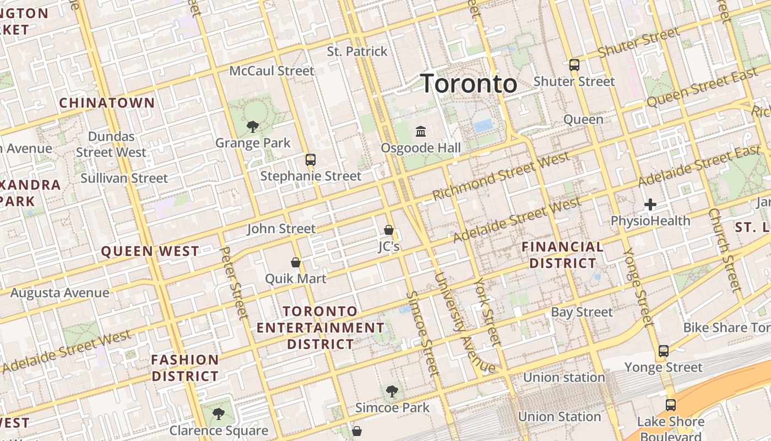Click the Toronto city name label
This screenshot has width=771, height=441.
point(469,84)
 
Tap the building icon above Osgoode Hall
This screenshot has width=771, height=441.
point(421,131)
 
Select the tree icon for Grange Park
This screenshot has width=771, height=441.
point(253,127)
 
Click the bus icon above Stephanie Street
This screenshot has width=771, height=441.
point(311,160)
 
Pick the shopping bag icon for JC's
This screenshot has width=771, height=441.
point(389,230)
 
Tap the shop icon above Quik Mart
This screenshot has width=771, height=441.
point(296,262)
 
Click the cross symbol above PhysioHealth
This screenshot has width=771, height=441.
point(650,205)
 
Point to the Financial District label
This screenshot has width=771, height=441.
point(562,255)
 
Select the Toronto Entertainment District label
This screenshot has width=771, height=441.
point(321,327)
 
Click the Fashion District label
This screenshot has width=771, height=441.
point(185,368)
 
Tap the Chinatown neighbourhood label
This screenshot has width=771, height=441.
point(107,103)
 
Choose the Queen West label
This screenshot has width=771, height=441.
point(150,251)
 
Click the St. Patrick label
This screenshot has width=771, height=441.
point(357,51)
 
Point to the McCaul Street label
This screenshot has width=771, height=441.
point(272,71)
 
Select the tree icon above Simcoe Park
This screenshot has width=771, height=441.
point(392,391)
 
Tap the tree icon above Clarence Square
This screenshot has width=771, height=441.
point(219,413)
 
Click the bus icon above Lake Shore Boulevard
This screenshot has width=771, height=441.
point(671,405)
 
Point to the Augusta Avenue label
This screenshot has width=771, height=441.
point(60,292)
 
